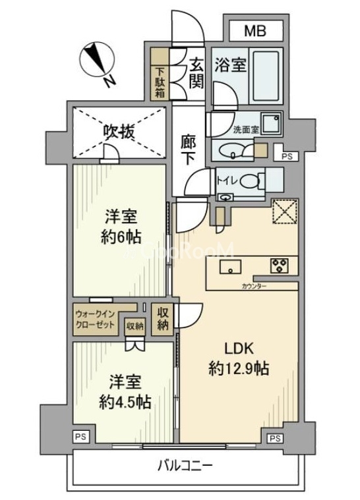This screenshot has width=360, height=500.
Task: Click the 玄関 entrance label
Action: (196, 74)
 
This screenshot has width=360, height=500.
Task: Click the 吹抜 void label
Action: (118, 132)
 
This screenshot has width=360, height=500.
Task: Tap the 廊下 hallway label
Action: (189, 149)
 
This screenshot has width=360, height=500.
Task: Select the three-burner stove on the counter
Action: (278, 265)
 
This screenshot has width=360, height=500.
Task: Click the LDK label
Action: (236, 350)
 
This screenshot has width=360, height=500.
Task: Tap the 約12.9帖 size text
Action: (238, 368)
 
